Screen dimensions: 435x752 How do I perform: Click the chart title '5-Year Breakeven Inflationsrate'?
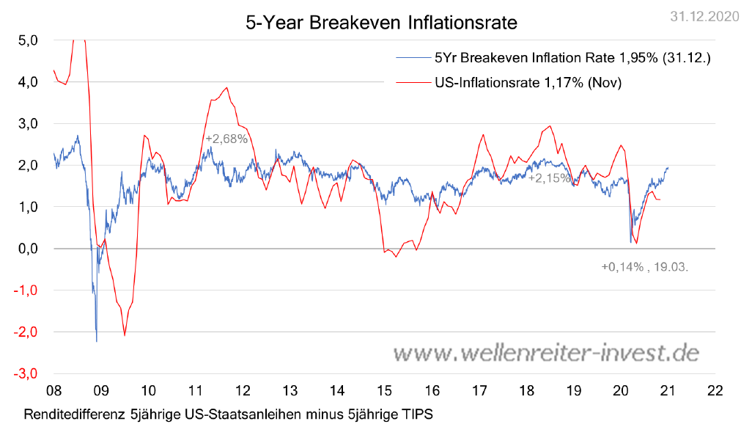(x=381, y=23)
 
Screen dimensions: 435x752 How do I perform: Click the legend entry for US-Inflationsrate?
(x=528, y=83)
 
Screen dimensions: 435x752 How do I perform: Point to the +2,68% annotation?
(x=226, y=139)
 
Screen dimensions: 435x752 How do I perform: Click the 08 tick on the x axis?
(x=54, y=390)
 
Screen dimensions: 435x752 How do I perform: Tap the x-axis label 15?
(x=384, y=390)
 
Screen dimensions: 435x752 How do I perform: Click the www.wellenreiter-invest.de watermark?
(x=546, y=353)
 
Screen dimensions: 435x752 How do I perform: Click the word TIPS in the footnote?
(x=416, y=414)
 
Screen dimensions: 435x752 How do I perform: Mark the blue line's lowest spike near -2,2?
(x=97, y=341)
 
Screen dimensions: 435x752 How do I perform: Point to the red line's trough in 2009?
(x=125, y=335)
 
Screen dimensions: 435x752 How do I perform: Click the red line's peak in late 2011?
(x=227, y=88)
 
